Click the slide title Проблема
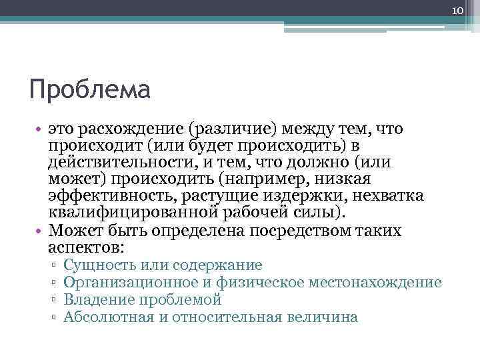(x=91, y=89)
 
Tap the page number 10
(x=457, y=9)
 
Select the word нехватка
(x=377, y=196)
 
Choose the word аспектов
(x=85, y=247)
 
